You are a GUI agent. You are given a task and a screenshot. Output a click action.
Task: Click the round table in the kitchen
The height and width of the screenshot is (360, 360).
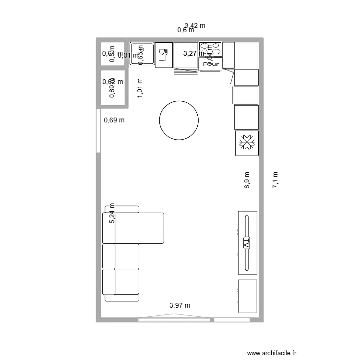point(179,120)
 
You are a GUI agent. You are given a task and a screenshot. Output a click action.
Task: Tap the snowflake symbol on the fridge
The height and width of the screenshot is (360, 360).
point(247,143)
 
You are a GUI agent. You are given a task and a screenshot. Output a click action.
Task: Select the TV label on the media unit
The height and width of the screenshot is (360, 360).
point(247,243)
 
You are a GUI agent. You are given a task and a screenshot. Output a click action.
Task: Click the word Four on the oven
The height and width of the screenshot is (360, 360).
point(211,63)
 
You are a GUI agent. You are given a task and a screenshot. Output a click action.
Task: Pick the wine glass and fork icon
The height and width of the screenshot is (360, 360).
point(163,54)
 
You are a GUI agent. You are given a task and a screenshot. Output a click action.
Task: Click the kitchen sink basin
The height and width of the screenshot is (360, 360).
point(142,53)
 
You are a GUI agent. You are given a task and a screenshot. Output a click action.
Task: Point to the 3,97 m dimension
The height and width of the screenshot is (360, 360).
point(180,305)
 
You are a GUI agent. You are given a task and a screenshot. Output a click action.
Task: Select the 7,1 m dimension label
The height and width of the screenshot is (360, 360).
point(276,180)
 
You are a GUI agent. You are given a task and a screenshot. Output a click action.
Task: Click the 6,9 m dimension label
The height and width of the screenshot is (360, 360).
point(247,180)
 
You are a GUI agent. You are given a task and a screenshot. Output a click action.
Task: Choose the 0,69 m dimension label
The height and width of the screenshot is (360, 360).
point(114,120)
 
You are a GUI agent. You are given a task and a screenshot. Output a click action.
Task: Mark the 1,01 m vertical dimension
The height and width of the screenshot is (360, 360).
point(140,88)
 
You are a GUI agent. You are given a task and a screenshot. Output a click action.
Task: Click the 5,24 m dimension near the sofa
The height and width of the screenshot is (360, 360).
point(112,214)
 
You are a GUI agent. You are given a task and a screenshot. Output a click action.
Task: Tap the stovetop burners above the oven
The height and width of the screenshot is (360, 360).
point(211,48)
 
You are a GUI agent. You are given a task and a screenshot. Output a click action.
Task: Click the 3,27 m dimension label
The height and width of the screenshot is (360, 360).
point(193,54)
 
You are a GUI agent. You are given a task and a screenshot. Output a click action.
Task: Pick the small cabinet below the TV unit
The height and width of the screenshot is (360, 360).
point(248,296)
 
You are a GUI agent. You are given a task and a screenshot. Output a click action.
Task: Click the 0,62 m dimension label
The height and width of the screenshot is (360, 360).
point(113,82)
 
